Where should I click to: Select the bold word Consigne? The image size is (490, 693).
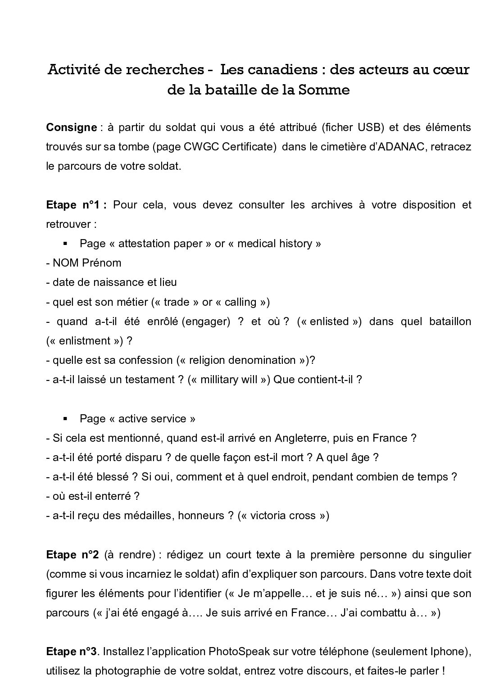click(71, 127)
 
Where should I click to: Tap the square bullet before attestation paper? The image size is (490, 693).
click(65, 244)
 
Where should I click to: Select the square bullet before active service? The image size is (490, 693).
click(65, 419)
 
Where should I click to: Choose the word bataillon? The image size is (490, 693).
click(444, 322)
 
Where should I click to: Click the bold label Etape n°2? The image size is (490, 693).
click(72, 555)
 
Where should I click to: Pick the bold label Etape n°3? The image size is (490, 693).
click(72, 652)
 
